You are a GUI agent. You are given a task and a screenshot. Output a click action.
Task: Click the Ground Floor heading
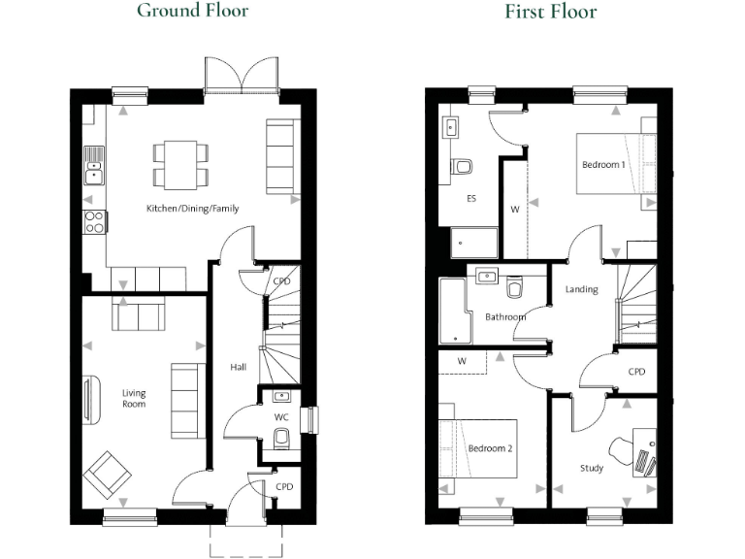coord(192,12)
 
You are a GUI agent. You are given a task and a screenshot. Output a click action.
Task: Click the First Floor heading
coord(550,12)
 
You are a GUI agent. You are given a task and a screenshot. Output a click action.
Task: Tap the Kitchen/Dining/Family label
coord(192,209)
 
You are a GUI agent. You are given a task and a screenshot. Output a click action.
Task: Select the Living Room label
coord(133,398)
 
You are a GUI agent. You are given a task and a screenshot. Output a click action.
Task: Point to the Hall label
coord(238,368)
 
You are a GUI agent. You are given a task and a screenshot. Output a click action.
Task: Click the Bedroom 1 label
coord(602,165)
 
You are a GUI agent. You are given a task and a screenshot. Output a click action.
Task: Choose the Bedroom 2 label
coord(490,449)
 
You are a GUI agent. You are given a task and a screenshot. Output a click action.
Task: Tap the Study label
coord(592,469)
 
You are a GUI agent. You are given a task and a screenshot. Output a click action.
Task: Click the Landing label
coord(582,289)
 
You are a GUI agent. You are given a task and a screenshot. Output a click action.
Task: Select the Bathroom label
coord(505,317)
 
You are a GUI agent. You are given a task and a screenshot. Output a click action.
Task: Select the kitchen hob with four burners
coord(95,222)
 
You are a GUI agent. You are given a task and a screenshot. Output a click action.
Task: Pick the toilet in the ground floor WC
coord(281,440)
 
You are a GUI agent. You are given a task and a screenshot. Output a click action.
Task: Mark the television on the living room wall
coord(88,400)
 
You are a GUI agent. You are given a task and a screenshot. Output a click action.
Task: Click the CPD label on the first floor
coord(636,372)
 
